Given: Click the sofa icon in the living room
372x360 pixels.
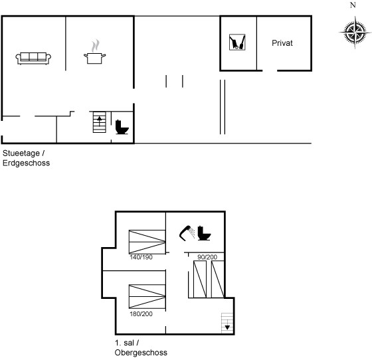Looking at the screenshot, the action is (x=33, y=58).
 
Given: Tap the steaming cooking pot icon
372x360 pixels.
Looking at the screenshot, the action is (x=94, y=52).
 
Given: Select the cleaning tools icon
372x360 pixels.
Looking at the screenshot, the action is (x=237, y=43).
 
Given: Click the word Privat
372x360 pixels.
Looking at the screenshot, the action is (x=282, y=43).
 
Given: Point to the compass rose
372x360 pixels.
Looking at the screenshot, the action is (x=355, y=32).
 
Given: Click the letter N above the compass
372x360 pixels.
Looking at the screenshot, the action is (x=353, y=5).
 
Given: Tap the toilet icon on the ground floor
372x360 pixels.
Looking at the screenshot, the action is (x=122, y=127).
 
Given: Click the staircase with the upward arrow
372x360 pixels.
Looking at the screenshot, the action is (x=100, y=122).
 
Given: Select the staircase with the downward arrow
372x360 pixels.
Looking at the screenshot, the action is (x=227, y=323).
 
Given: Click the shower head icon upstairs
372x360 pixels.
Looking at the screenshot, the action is (x=187, y=233).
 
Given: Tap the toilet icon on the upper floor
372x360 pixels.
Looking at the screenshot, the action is (x=204, y=233).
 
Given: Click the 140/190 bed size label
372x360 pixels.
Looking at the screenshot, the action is (x=141, y=257).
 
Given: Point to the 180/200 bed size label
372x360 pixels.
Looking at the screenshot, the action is (x=141, y=314).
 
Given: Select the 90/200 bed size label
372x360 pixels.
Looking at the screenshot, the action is (x=207, y=257).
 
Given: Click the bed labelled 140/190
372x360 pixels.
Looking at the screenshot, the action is (x=147, y=242).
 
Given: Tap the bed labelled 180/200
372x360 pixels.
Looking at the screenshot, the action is (x=147, y=297).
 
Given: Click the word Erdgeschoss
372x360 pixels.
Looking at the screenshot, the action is (x=27, y=163).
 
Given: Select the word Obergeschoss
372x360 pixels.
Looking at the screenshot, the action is (x=141, y=353).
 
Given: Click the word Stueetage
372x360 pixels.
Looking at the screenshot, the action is (x=21, y=153).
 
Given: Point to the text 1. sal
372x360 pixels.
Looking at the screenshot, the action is (x=125, y=343).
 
